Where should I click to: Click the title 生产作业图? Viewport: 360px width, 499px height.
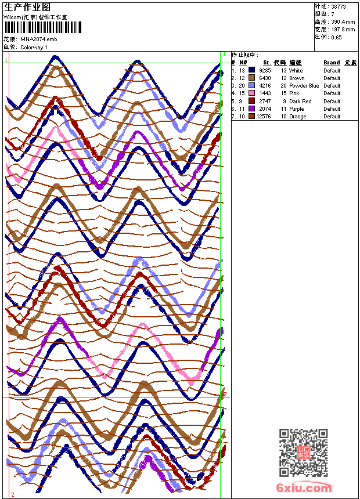pyautogui.click(x=27, y=7)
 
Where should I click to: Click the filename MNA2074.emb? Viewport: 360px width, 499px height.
pyautogui.click(x=39, y=39)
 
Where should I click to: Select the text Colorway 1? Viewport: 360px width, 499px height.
pyautogui.click(x=34, y=47)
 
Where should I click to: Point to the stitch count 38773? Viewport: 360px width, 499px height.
pyautogui.click(x=339, y=7)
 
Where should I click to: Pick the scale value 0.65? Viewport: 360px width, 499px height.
pyautogui.click(x=336, y=37)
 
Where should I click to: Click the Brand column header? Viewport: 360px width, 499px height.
pyautogui.click(x=332, y=63)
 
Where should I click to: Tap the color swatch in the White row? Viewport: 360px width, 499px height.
pyautogui.click(x=252, y=70)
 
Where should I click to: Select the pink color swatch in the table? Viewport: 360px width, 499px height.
pyautogui.click(x=252, y=93)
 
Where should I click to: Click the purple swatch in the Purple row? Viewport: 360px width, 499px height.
pyautogui.click(x=252, y=109)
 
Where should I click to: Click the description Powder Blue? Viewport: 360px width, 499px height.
pyautogui.click(x=304, y=86)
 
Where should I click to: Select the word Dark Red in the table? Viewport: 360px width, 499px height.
pyautogui.click(x=300, y=102)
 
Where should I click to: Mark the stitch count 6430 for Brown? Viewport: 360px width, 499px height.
pyautogui.click(x=265, y=78)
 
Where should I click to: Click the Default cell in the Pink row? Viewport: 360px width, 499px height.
pyautogui.click(x=332, y=93)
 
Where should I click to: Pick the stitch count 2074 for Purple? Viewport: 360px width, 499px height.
pyautogui.click(x=265, y=109)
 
